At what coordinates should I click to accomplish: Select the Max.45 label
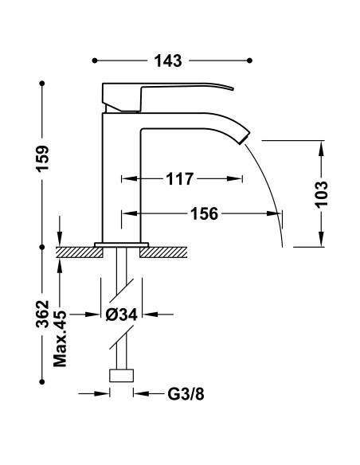click(61, 338)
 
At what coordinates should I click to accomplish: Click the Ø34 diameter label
click(122, 315)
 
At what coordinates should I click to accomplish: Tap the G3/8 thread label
click(186, 394)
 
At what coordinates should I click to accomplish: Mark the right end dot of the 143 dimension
click(251, 61)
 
